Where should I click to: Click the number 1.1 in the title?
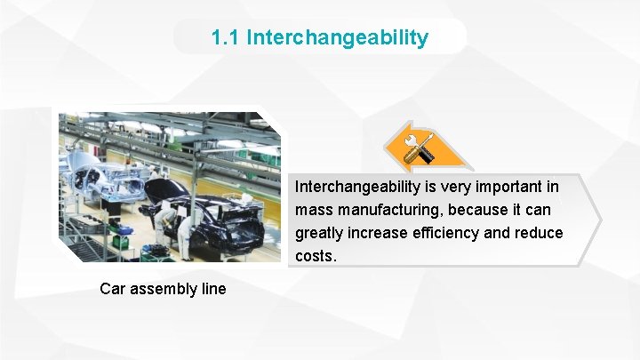tap(226, 38)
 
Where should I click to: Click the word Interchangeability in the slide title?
tap(337, 38)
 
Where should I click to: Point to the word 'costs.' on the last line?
tap(316, 256)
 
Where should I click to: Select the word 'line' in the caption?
tap(213, 288)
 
